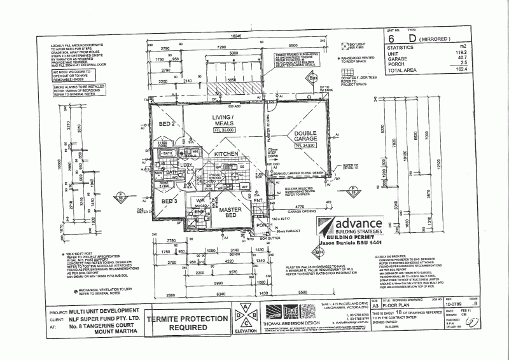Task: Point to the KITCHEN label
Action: [x=227, y=155]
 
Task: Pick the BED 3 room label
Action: [x=168, y=201]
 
